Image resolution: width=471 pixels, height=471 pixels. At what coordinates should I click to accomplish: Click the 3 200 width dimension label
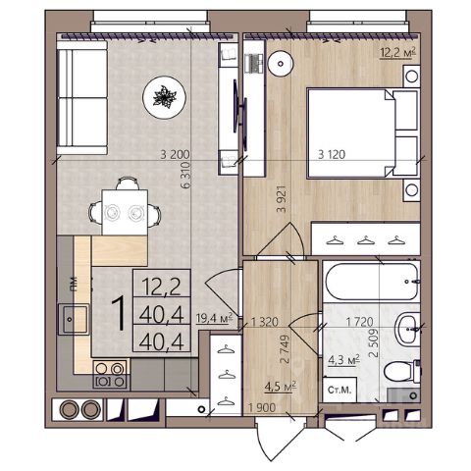175,154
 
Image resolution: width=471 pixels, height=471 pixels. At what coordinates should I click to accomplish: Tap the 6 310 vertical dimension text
185,176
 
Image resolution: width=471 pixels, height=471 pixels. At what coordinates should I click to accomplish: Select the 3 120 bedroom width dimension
332,154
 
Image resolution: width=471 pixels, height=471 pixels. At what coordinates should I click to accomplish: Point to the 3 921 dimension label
281,199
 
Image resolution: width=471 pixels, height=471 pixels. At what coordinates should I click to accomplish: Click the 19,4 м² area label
214,318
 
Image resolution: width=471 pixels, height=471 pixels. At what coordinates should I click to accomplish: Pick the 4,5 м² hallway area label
281,387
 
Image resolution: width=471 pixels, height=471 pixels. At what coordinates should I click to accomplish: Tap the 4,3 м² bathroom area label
343,360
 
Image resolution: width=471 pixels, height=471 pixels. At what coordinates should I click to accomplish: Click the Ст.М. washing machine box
340,390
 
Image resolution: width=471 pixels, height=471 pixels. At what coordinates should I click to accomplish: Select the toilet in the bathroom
401,372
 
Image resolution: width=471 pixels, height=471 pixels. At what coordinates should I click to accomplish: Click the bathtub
372,282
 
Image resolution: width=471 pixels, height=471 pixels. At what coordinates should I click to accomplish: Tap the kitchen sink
74,319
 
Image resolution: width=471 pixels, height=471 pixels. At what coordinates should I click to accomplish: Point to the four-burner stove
110,374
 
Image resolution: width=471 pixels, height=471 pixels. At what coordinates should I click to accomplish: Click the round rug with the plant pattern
164,97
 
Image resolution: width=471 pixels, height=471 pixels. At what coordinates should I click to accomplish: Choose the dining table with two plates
125,213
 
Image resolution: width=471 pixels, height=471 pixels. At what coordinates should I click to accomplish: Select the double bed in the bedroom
363,133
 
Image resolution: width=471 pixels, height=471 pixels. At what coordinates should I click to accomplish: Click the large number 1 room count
119,314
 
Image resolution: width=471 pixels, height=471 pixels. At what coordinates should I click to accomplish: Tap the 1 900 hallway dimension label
262,408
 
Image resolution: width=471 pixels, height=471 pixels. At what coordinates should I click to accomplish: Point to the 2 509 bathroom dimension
373,342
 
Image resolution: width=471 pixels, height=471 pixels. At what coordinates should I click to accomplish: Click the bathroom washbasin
407,329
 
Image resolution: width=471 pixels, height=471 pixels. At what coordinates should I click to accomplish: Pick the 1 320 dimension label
265,322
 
